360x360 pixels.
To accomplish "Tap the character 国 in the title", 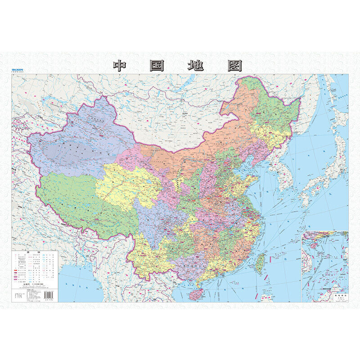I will pyautogui.click(x=156, y=66).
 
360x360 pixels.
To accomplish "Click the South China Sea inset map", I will pyautogui.click(x=325, y=265).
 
